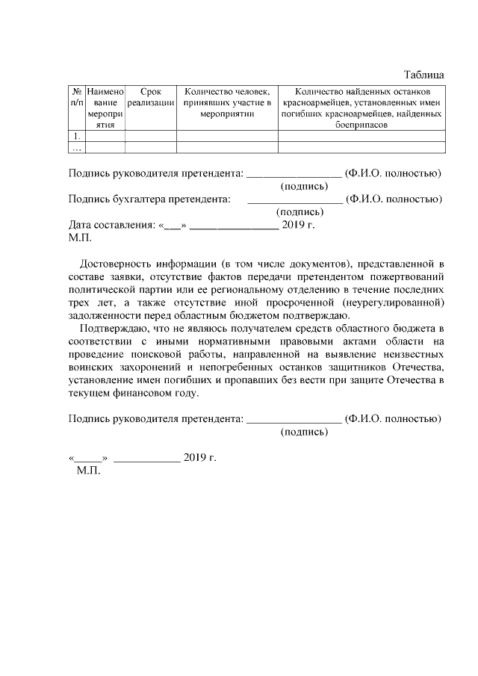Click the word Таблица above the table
tap(424, 74)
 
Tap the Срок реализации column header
tap(151, 96)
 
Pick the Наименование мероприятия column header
tap(105, 108)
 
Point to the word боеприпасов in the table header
tap(361, 125)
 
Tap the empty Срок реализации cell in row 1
tap(151, 137)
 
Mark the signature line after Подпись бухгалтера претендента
tap(294, 201)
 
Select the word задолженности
tap(105, 314)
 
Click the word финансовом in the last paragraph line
tap(144, 392)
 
